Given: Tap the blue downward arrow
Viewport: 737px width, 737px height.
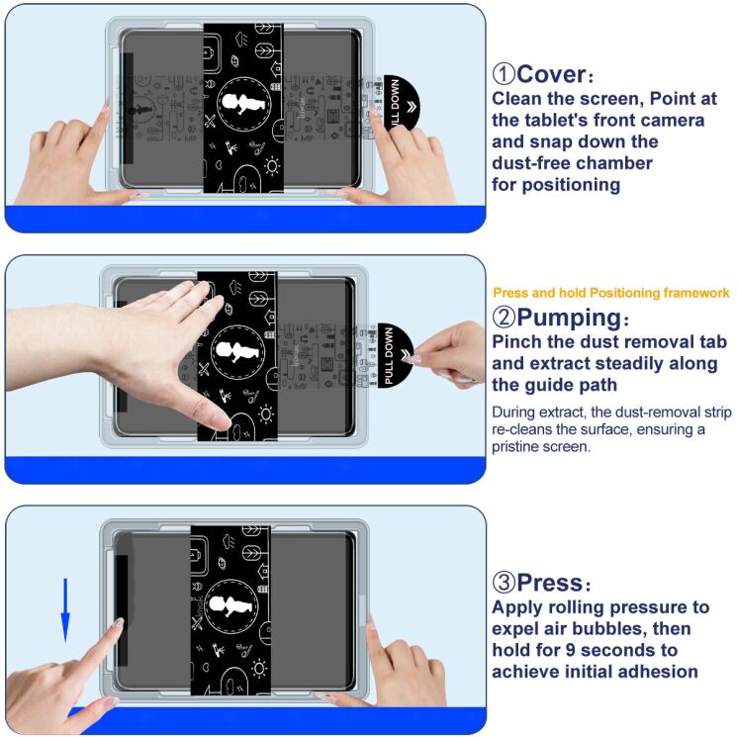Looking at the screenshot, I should (65, 609).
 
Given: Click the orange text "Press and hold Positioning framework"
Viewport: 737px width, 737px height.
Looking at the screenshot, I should (610, 293).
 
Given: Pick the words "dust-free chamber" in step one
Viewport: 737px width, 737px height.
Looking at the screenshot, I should (573, 162).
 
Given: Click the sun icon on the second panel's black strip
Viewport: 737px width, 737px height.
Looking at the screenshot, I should (266, 412).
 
